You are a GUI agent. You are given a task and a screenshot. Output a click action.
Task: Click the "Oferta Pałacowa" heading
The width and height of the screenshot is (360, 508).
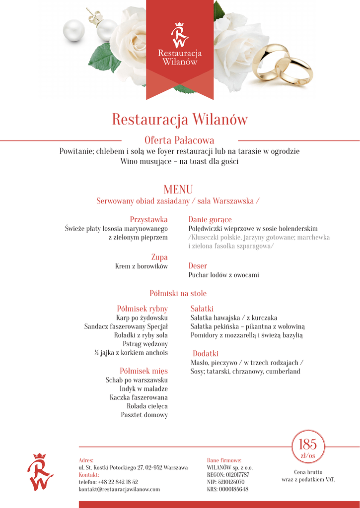pos(179,140)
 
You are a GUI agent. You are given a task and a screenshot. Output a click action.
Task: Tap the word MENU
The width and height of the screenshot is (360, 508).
pos(178,190)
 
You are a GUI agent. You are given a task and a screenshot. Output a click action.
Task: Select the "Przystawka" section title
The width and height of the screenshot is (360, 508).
pos(148,219)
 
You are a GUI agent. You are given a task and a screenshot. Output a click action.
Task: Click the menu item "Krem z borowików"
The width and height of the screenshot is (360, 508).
pos(142,266)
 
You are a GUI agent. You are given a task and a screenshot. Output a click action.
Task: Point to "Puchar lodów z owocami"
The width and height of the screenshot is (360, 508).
pos(223,275)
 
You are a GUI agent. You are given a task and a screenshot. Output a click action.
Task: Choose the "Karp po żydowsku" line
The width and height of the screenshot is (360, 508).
pos(142,317)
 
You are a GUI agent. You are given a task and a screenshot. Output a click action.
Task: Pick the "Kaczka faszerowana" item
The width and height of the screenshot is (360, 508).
pos(139,397)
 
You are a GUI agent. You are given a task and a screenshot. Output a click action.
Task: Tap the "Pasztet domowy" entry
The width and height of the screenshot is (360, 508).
pos(144,415)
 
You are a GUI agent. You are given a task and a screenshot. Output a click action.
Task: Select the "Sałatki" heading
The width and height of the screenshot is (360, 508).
pos(202,309)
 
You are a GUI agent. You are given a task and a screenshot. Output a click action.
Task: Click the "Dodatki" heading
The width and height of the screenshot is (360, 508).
pos(206,354)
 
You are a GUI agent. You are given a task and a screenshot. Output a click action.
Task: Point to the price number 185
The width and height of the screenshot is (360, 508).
pos(307,444)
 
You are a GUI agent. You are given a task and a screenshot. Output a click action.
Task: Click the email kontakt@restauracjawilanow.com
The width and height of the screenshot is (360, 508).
pos(119,489)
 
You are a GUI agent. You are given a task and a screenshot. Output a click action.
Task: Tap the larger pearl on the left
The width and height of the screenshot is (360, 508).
pos(74,30)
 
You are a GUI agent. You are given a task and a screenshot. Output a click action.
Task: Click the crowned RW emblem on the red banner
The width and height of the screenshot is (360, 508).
pos(180,35)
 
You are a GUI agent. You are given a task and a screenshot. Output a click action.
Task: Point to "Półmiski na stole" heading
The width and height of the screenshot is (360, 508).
pos(178,294)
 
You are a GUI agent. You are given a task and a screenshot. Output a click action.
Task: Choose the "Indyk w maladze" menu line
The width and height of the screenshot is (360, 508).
pos(144,389)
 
